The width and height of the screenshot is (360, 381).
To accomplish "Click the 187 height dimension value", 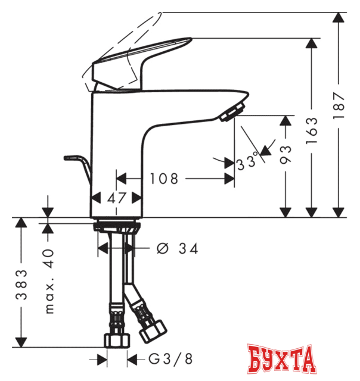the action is click(339, 105).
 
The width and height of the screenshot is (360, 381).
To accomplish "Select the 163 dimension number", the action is click(312, 131).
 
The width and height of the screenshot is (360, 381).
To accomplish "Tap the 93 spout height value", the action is click(285, 155).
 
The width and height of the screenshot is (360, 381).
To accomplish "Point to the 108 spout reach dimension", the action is click(164, 179).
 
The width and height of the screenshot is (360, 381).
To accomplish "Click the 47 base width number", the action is click(117, 198).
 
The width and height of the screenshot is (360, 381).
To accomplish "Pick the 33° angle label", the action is click(247, 161).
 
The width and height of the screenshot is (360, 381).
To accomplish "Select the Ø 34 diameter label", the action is click(178, 249).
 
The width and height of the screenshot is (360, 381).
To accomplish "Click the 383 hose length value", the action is click(21, 285).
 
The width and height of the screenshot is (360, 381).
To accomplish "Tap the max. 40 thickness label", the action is click(49, 281).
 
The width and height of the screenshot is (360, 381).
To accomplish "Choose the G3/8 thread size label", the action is click(170, 358).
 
